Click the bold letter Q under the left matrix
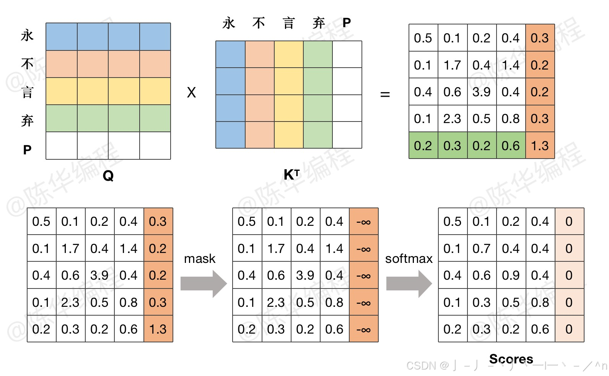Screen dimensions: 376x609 (108, 176)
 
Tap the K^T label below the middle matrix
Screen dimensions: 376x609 (291, 175)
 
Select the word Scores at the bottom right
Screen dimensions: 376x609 (511, 359)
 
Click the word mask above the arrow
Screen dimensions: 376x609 (200, 259)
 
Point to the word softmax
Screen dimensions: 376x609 (409, 259)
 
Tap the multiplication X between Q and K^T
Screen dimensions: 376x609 (191, 92)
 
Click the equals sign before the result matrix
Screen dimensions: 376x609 (385, 94)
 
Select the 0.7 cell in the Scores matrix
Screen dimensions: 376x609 (481, 248)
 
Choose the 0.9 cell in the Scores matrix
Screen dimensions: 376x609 (511, 275)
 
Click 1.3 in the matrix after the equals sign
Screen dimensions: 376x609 (540, 146)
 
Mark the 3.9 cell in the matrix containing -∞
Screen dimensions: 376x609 (305, 275)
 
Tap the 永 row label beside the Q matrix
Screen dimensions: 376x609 (27, 36)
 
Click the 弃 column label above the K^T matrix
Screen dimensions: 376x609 (318, 23)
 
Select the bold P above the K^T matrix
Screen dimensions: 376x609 (347, 23)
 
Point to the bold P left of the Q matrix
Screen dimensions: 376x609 (27, 150)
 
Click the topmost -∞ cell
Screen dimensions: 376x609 (363, 222)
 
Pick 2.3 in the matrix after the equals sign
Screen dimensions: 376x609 (452, 119)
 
